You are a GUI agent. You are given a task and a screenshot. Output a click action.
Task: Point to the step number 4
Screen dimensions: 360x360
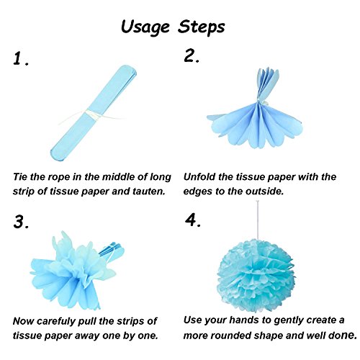(x=192, y=220)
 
